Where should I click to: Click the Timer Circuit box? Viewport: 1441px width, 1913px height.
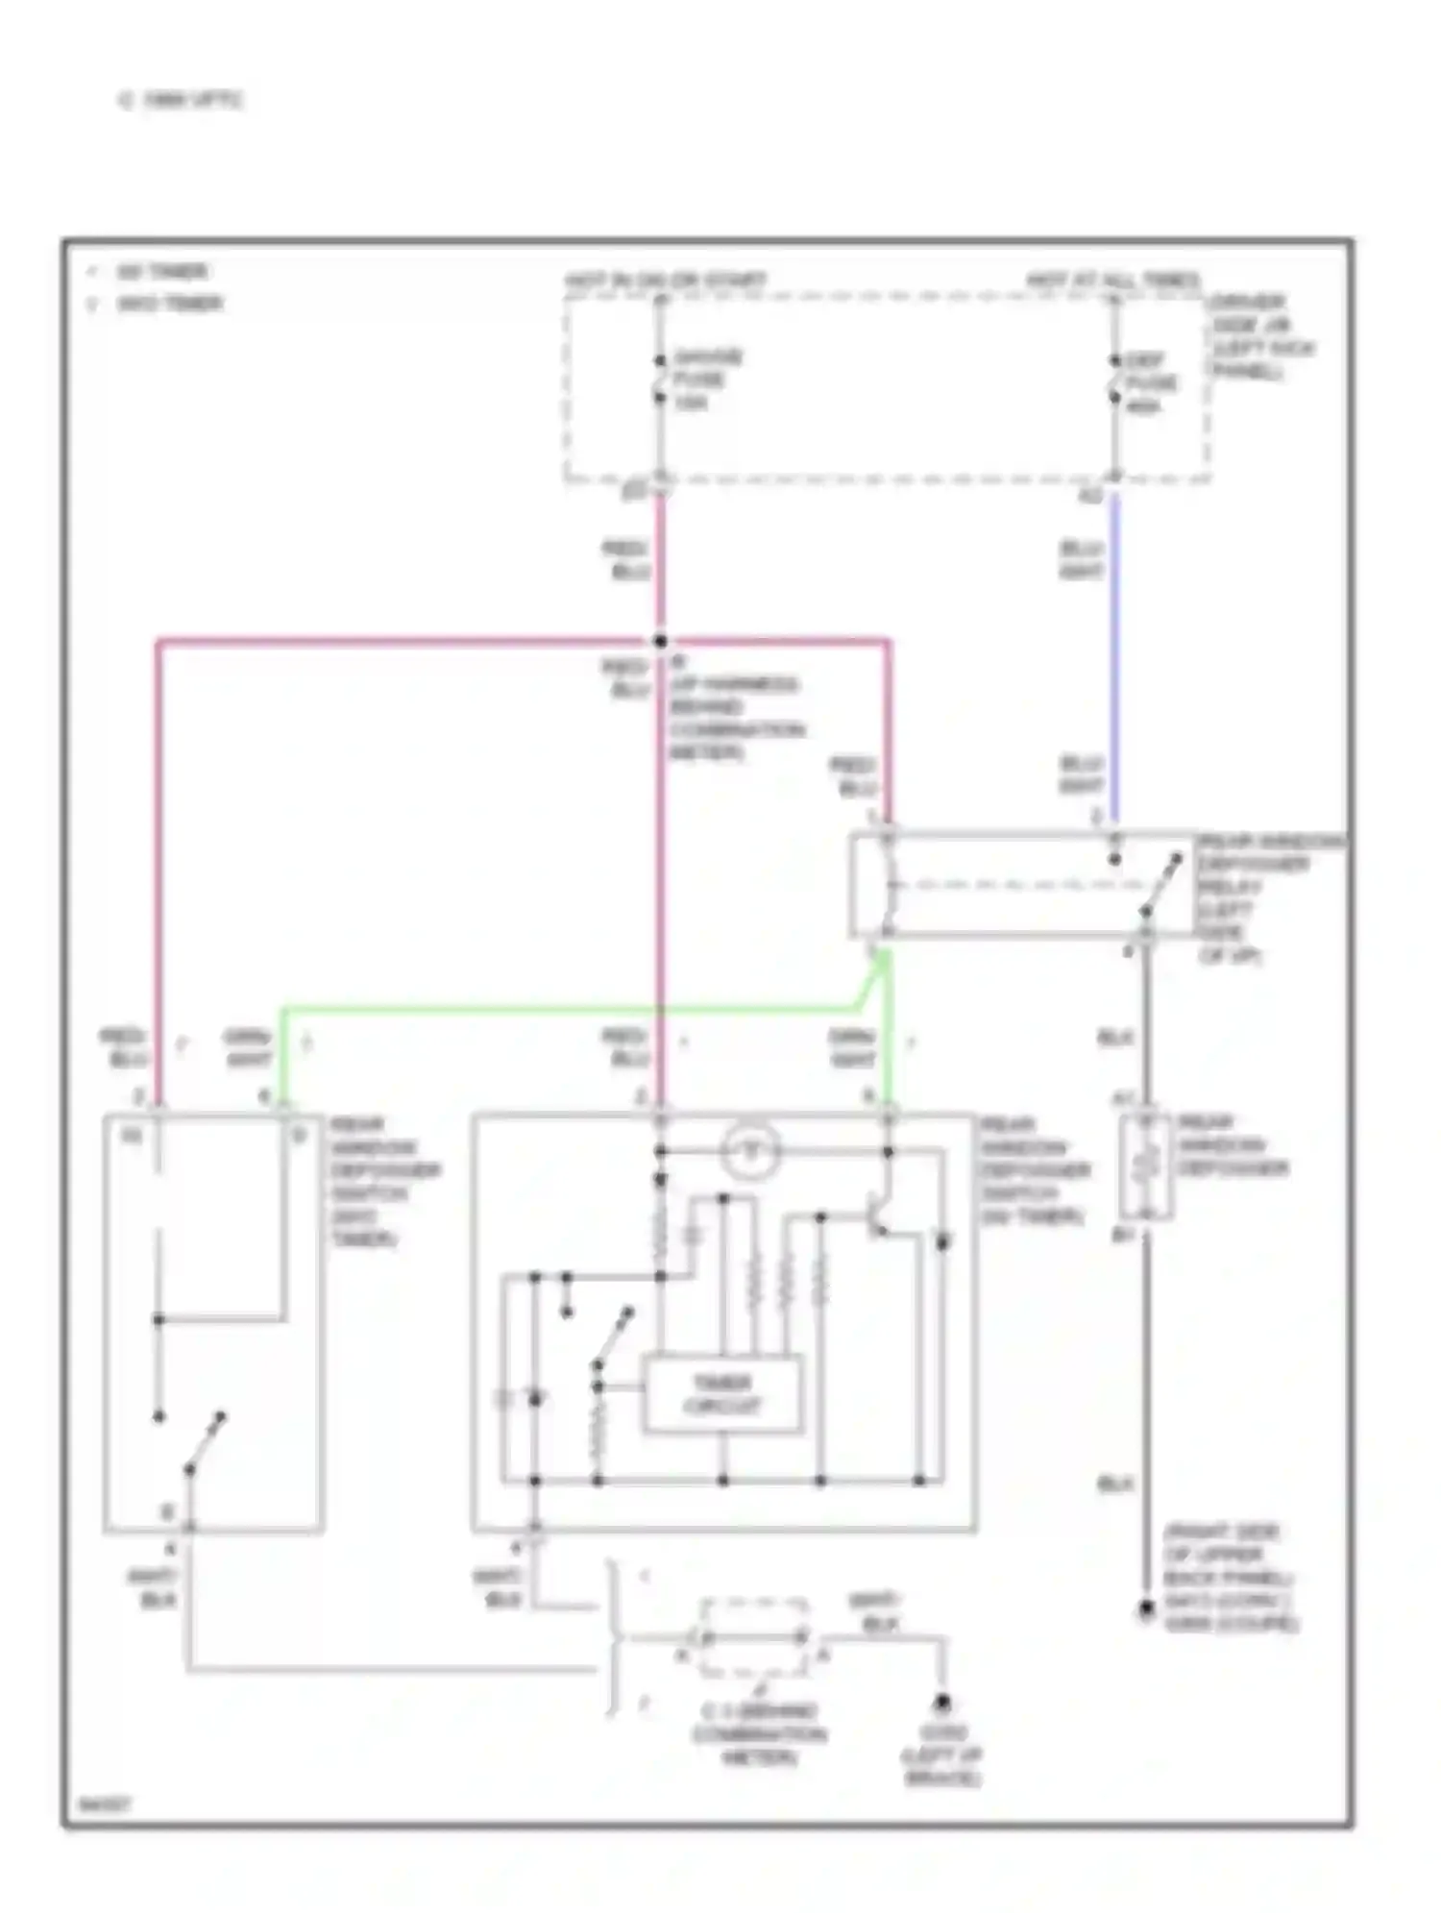coord(721,1394)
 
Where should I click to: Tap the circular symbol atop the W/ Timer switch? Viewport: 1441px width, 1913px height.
coord(752,1150)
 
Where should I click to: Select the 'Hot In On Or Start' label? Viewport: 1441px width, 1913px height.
coord(665,281)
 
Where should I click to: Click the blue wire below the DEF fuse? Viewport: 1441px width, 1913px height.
coord(1114,653)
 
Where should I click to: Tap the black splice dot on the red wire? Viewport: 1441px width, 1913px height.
coord(660,641)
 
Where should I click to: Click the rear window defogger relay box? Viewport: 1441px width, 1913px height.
coord(1021,885)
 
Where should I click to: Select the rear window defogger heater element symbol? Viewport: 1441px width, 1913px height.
coord(1145,1166)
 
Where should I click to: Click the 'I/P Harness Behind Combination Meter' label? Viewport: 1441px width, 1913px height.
coord(735,718)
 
